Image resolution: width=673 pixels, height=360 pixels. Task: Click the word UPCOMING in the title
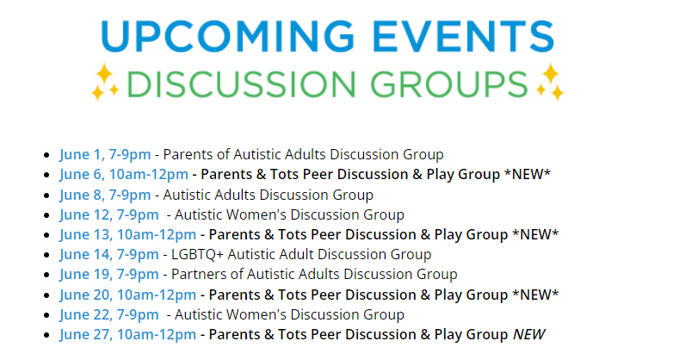click(x=228, y=36)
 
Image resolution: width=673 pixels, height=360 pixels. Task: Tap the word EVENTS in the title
click(x=464, y=36)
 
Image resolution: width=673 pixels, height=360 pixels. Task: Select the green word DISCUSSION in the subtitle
click(x=241, y=84)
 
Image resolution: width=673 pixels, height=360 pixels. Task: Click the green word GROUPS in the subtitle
click(x=449, y=84)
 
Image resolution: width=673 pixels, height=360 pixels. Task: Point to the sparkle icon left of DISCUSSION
click(x=105, y=82)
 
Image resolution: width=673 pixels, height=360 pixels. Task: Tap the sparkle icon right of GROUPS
click(x=550, y=82)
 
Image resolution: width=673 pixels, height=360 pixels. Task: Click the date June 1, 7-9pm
click(x=105, y=155)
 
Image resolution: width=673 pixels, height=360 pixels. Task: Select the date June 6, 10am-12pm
click(x=124, y=175)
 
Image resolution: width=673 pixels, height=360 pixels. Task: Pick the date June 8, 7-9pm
click(x=105, y=195)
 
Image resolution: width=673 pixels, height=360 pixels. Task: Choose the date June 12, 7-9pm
click(x=109, y=214)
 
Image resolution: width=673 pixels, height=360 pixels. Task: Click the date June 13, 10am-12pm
click(x=127, y=234)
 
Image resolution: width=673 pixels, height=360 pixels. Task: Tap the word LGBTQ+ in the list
click(x=197, y=254)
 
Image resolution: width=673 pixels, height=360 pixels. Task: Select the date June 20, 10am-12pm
click(x=127, y=295)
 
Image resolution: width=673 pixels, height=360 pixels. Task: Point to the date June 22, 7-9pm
click(x=109, y=314)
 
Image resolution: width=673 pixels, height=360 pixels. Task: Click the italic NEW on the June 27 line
click(x=529, y=334)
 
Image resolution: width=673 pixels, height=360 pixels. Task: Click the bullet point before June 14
click(x=46, y=255)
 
